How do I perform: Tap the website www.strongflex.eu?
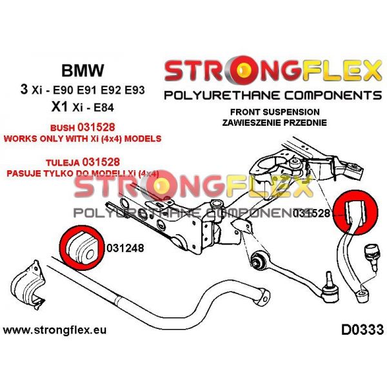[55, 331]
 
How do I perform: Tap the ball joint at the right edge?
[372, 252]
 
